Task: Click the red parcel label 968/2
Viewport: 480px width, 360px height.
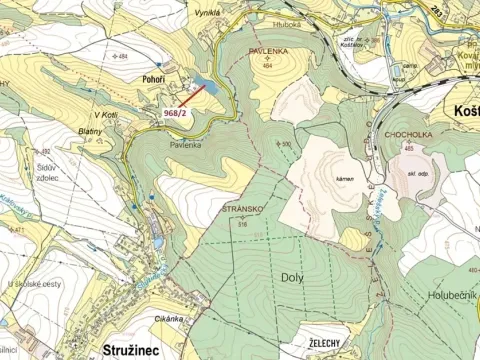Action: coord(175,114)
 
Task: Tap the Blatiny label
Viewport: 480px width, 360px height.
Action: coord(92,131)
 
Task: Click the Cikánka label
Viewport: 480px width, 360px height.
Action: coord(170,318)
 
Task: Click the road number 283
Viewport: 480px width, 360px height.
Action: coord(409,8)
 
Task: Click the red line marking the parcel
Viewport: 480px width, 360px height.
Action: coord(195,97)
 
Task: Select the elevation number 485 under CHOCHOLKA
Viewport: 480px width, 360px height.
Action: coord(408,149)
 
